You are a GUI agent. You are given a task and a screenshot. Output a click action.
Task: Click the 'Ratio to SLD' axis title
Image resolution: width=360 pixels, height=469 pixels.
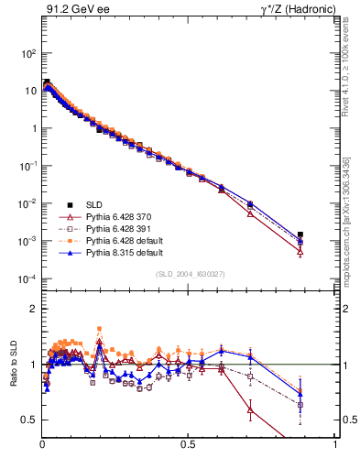(x=15, y=364)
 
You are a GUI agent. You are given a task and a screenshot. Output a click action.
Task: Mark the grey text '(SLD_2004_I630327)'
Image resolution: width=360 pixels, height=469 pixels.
(x=189, y=273)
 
